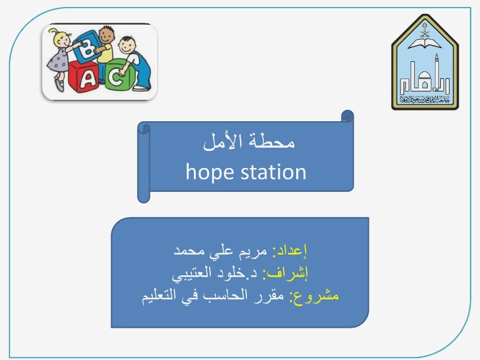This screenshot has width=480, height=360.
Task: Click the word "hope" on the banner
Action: click(210, 172)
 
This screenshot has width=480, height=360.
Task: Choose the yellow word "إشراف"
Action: click(285, 272)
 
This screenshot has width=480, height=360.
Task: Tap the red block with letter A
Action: click(83, 77)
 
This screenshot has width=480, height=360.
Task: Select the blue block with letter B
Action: click(87, 47)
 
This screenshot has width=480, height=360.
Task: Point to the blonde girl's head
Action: click(61, 39)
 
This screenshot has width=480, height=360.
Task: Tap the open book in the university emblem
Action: click(425, 43)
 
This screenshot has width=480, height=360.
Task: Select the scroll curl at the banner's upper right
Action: click(347, 116)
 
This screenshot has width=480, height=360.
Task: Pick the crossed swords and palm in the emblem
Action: click(424, 30)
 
